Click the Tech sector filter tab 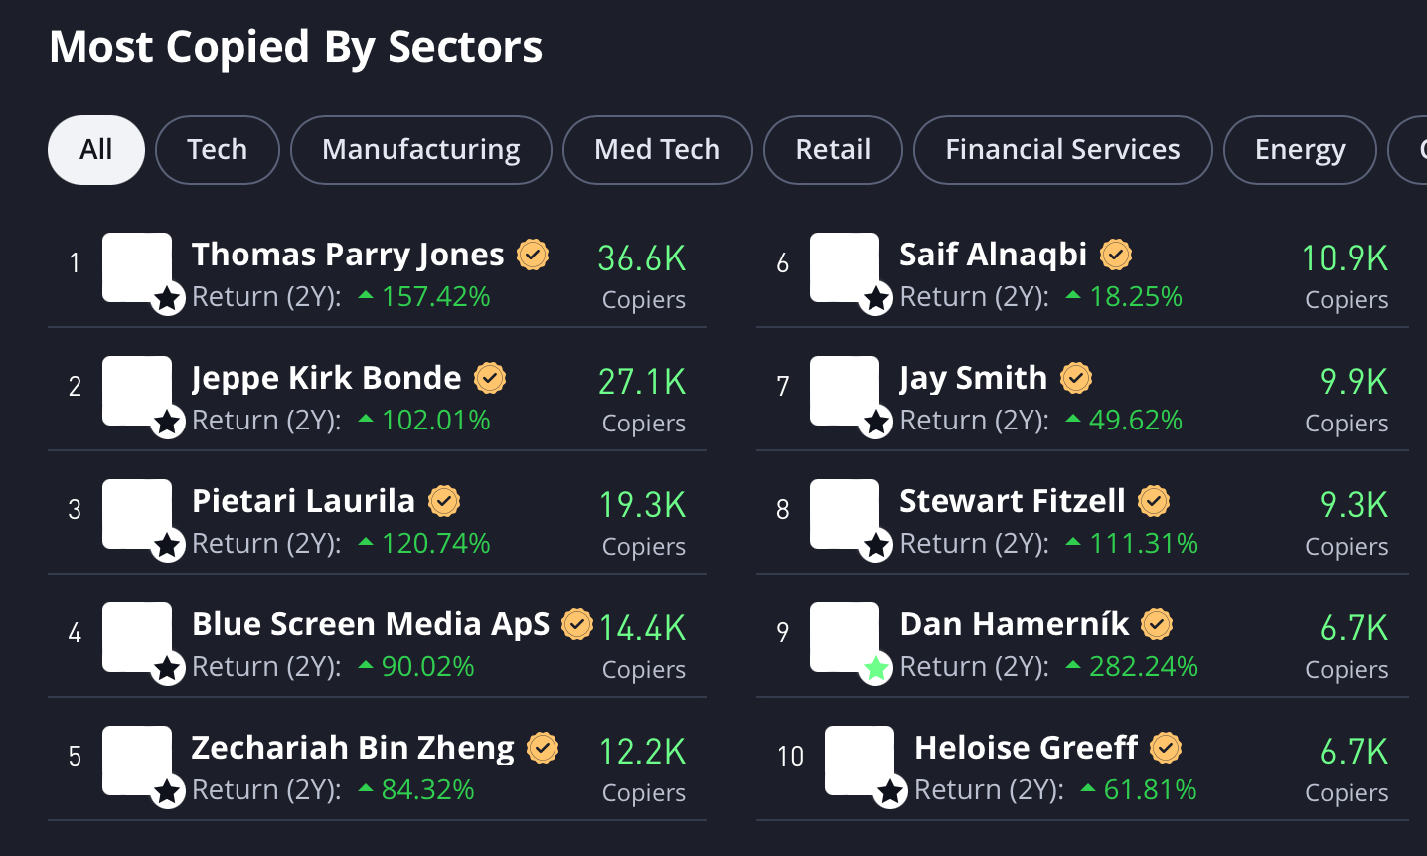[217, 150]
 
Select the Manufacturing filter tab [420, 150]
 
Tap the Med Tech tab [657, 150]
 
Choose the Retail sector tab [833, 150]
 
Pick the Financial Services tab [1062, 150]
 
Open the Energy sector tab [1299, 150]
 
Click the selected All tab [96, 150]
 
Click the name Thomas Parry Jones [348, 255]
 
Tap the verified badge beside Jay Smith [1076, 378]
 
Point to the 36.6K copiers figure [642, 258]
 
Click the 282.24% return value [1144, 666]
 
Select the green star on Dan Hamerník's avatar [875, 668]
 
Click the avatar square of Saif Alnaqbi [844, 266]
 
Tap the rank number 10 [790, 756]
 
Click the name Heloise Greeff [1026, 748]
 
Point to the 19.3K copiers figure [642, 505]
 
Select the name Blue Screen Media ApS [371, 624]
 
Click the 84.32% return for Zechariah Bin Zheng [427, 789]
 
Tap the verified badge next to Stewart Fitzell [1154, 501]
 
